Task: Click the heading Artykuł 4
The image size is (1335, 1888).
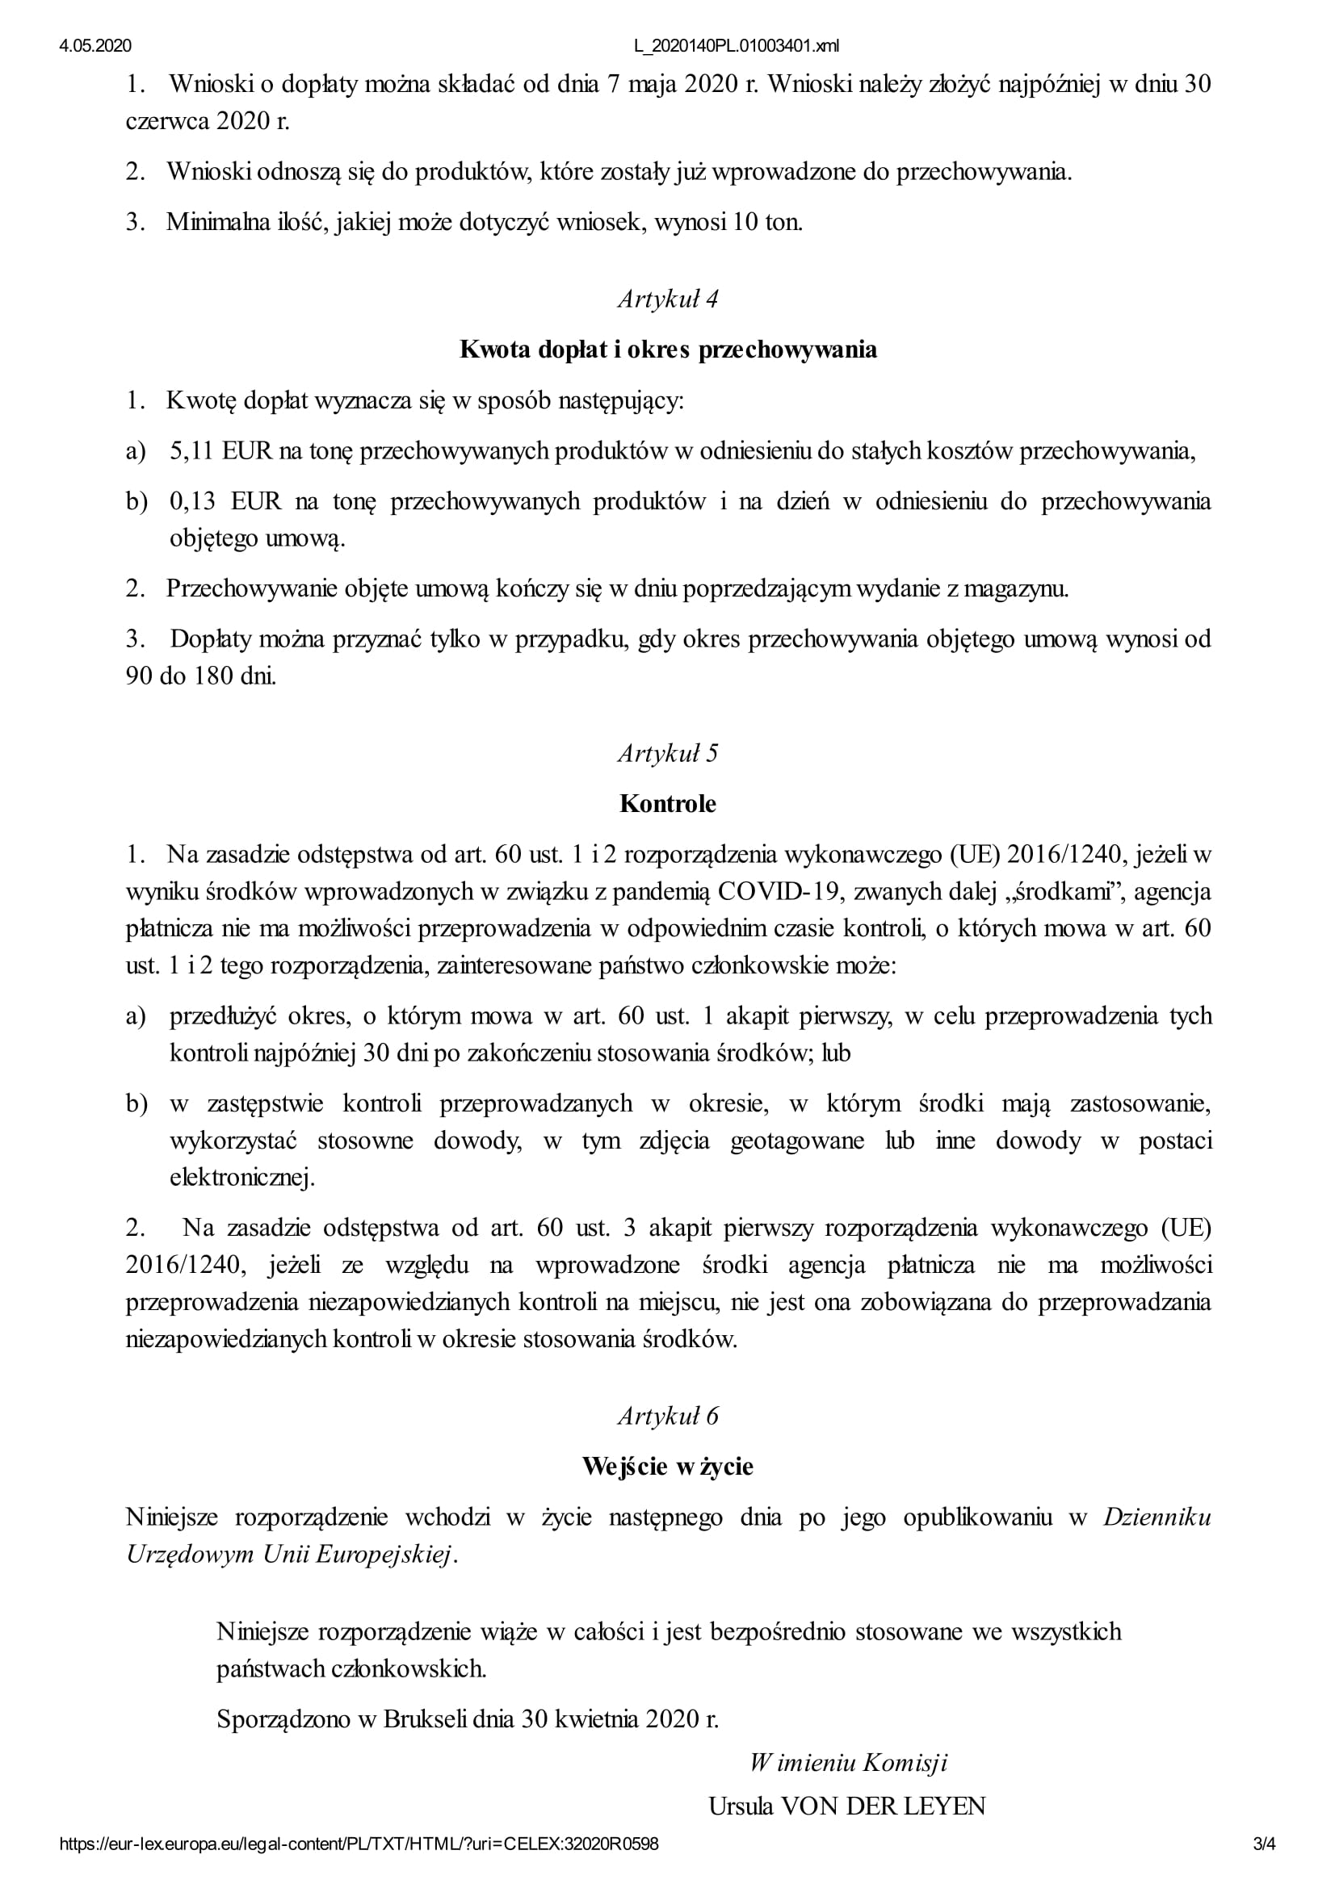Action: pos(668,299)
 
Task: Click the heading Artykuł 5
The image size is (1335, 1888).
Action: pos(668,753)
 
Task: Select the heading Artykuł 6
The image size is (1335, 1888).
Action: pos(668,1416)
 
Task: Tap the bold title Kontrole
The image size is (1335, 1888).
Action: pos(668,803)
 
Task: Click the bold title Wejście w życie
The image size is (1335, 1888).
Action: pos(668,1466)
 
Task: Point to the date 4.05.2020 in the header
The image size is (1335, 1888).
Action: pos(95,46)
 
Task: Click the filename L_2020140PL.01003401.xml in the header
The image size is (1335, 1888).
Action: pos(737,46)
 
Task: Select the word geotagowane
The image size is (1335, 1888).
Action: pos(797,1141)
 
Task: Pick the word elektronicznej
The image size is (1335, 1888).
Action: pos(241,1178)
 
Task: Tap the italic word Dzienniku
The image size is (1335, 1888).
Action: pos(1157,1517)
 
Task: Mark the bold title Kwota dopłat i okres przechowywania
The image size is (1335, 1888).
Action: pos(668,350)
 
